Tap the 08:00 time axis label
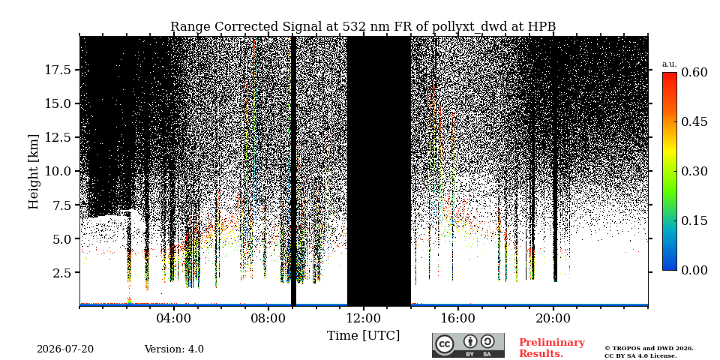(269, 318)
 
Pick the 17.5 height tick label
(58, 70)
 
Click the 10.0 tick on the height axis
(58, 171)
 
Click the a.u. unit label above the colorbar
(670, 64)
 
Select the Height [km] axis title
(34, 172)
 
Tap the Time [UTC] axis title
(363, 336)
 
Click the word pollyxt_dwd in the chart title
(469, 27)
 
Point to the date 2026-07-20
(65, 349)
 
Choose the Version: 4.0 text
(174, 349)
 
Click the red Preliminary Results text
(552, 348)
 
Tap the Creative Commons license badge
(468, 345)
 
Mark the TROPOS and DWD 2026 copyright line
(649, 349)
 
